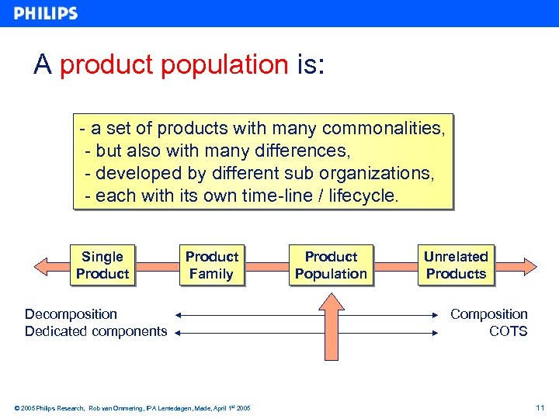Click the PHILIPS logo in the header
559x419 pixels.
point(45,13)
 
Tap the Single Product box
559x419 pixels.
point(102,265)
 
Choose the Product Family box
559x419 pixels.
point(211,265)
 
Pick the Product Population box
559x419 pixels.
point(331,265)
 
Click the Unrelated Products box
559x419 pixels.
point(456,265)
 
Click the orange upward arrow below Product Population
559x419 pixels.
point(332,326)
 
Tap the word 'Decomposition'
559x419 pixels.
point(71,314)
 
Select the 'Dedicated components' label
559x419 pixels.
point(95,332)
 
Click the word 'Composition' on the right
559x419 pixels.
point(488,314)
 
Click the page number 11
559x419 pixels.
point(540,407)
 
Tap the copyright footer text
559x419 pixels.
point(132,407)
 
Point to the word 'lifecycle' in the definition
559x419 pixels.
point(363,196)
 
